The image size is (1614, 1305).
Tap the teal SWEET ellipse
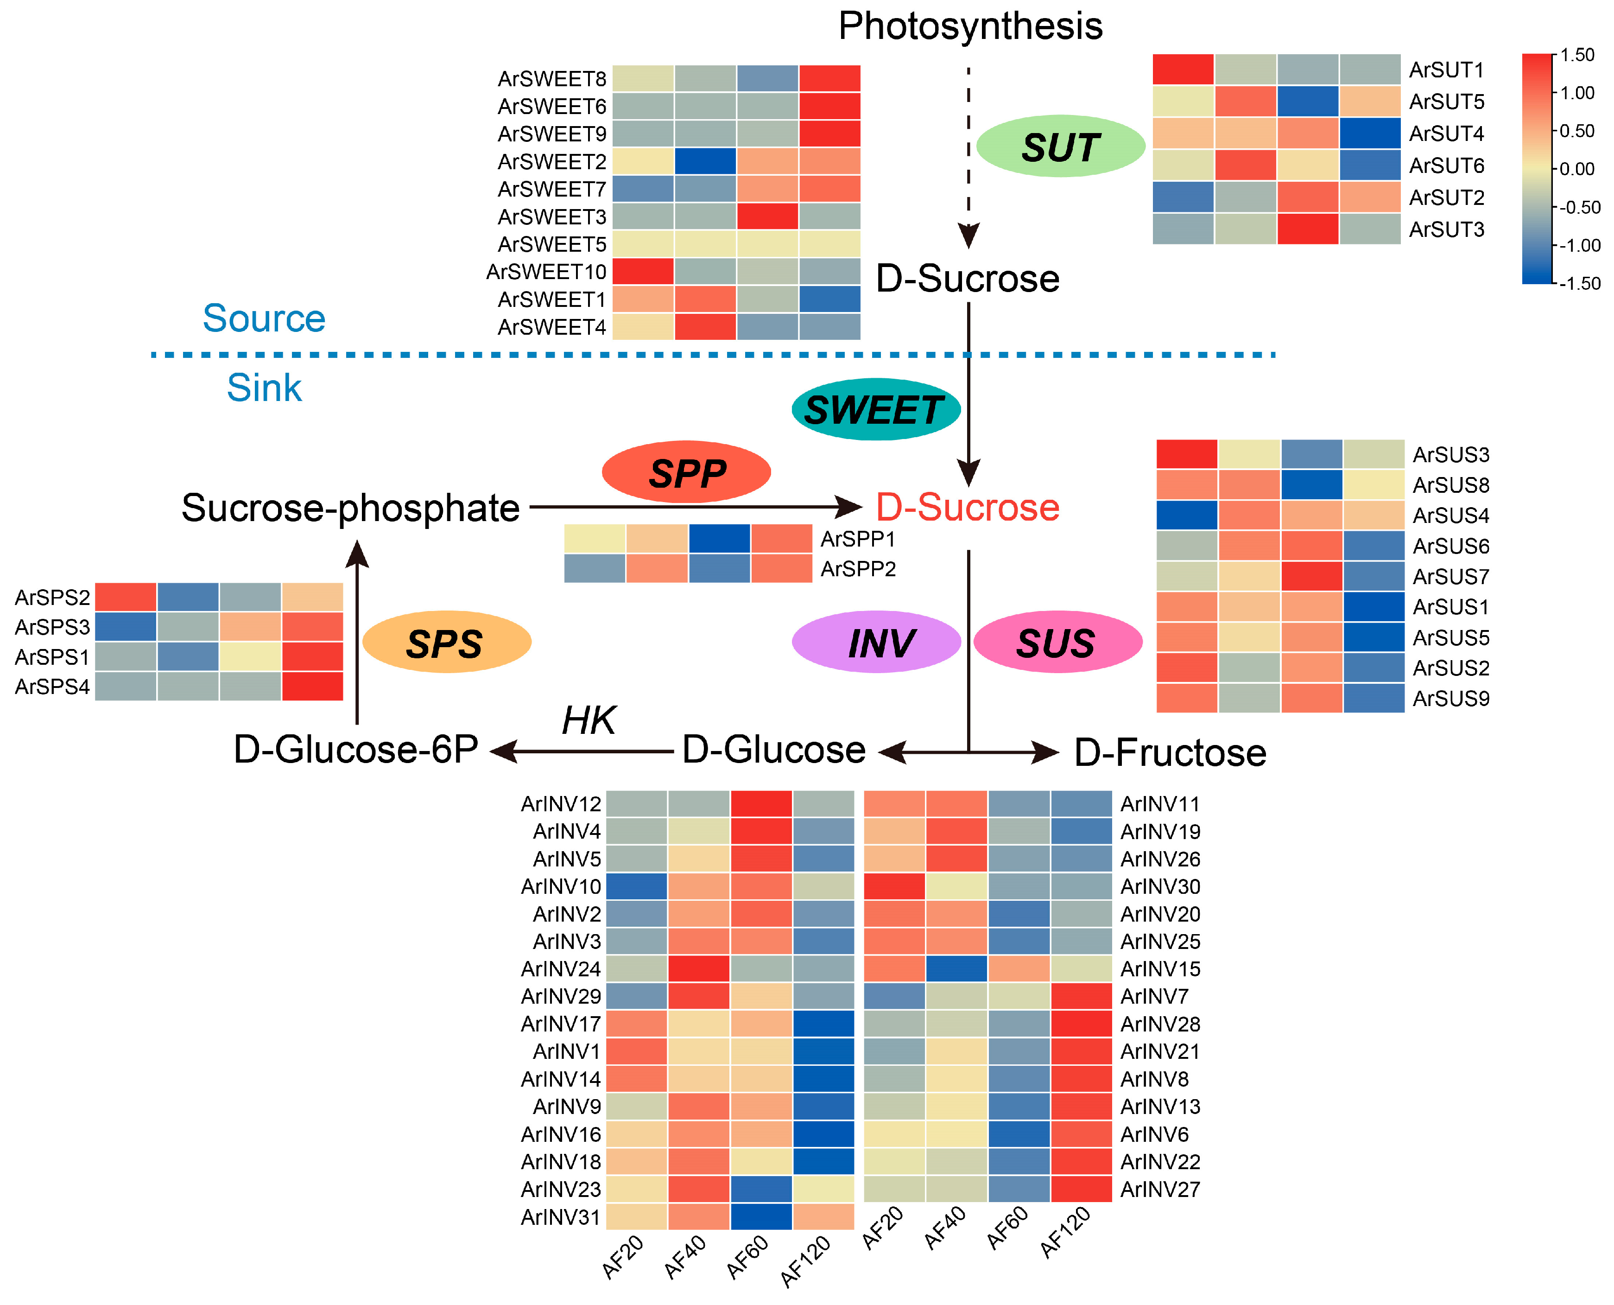click(x=875, y=410)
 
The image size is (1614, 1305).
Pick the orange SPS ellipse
click(x=446, y=643)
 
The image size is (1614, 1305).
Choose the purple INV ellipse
click(x=876, y=643)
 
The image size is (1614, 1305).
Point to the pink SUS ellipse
click(x=1057, y=643)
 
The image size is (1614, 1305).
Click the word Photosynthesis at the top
click(x=969, y=26)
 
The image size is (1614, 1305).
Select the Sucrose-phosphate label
click(x=350, y=508)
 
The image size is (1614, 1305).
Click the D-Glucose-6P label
click(x=355, y=750)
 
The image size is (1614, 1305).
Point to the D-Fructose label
click(x=1170, y=752)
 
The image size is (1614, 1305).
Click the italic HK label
click(x=589, y=720)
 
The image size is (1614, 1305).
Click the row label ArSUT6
click(x=1446, y=166)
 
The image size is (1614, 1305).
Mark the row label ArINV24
click(x=561, y=969)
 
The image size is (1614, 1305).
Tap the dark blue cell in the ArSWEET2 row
click(x=705, y=161)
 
